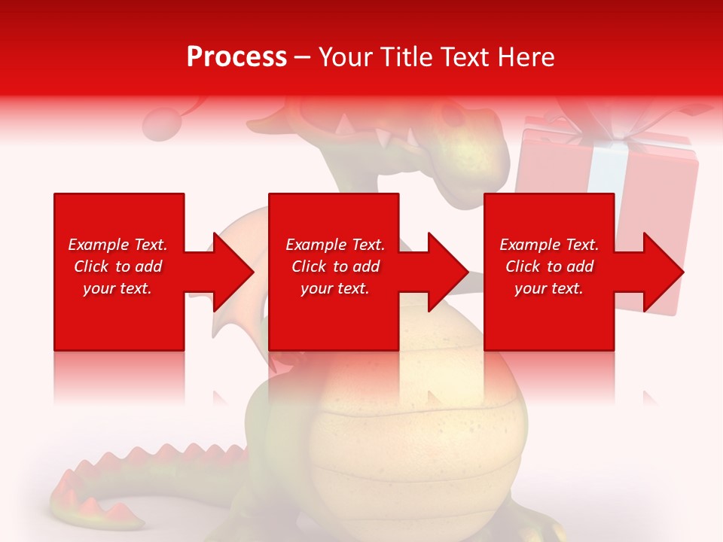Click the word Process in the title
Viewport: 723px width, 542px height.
point(236,57)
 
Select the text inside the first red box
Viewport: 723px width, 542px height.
point(118,266)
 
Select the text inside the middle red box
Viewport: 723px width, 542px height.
point(335,266)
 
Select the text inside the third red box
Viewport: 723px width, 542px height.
point(549,266)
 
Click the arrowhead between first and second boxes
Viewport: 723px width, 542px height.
point(233,272)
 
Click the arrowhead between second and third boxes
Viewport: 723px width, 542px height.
point(449,272)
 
